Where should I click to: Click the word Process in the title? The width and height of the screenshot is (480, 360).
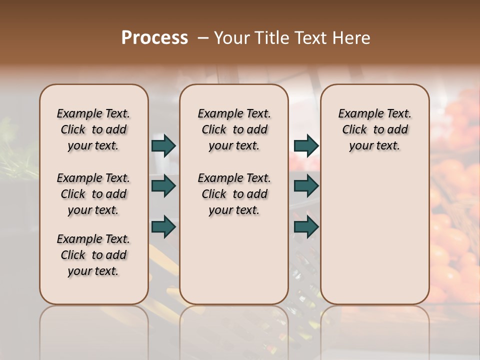[x=154, y=38]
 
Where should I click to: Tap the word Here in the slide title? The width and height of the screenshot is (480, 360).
[x=351, y=38]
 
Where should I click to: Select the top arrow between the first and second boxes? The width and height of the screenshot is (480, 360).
[x=163, y=145]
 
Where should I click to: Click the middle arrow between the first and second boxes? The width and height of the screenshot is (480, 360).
[x=163, y=186]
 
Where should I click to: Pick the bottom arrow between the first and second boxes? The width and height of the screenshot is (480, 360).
[x=163, y=227]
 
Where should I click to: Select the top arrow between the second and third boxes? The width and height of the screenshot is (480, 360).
[x=305, y=145]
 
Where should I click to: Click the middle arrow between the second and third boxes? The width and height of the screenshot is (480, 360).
[x=305, y=186]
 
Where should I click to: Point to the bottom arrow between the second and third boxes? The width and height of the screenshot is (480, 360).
[x=305, y=227]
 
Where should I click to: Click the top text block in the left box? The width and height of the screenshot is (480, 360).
[x=93, y=129]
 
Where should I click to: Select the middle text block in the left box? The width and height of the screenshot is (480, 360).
[x=93, y=194]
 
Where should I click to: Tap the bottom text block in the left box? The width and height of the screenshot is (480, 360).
[x=93, y=255]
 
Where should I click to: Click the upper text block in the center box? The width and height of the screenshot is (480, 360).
[x=234, y=129]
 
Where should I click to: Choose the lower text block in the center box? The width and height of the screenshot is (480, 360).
[x=234, y=194]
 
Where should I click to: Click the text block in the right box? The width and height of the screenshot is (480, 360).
[x=374, y=129]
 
